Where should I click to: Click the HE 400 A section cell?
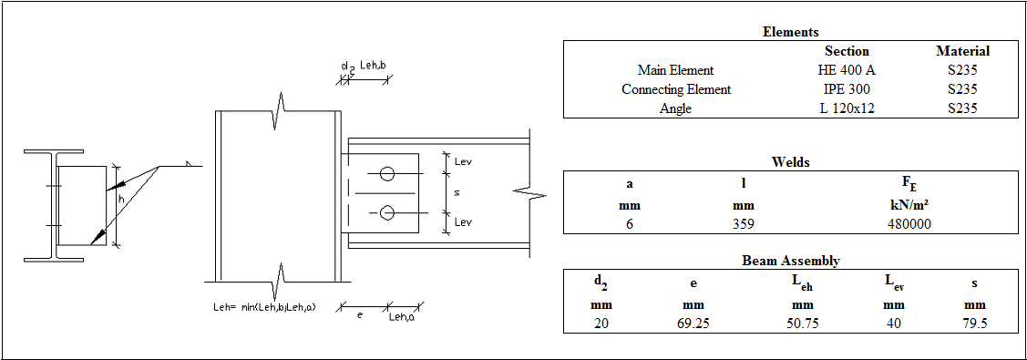point(847,70)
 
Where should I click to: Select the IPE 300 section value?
point(847,89)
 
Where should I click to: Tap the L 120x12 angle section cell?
point(847,108)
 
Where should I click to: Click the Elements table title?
point(790,32)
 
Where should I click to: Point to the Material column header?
point(962,51)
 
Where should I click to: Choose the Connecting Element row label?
point(676,89)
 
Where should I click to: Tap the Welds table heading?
point(790,162)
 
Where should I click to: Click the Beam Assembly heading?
point(790,261)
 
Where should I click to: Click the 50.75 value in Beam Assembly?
point(802,324)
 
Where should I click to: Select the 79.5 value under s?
point(974,324)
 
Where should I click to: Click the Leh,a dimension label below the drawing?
point(401,316)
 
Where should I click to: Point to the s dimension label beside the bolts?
point(457,193)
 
